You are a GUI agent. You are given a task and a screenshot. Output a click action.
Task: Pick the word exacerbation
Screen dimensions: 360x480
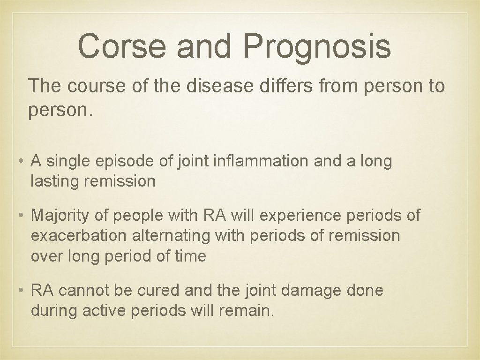click(x=78, y=235)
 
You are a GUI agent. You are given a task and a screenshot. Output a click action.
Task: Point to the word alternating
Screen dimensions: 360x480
click(x=171, y=235)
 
